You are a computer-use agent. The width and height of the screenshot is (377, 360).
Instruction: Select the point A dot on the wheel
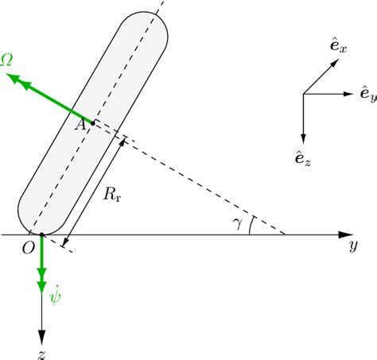pyautogui.click(x=92, y=122)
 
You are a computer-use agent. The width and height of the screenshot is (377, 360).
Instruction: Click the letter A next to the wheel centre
pyautogui.click(x=80, y=125)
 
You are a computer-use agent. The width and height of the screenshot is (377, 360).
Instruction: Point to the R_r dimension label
pyautogui.click(x=112, y=193)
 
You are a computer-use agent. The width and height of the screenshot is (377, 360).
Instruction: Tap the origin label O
pyautogui.click(x=28, y=248)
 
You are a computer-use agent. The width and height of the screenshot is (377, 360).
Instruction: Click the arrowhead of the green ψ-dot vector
pyautogui.click(x=41, y=287)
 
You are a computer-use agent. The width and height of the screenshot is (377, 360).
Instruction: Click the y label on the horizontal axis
pyautogui.click(x=350, y=247)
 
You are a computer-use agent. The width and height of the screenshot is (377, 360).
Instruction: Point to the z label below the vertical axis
pyautogui.click(x=41, y=353)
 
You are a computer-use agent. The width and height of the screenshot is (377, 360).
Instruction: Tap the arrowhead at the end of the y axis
pyautogui.click(x=347, y=234)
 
